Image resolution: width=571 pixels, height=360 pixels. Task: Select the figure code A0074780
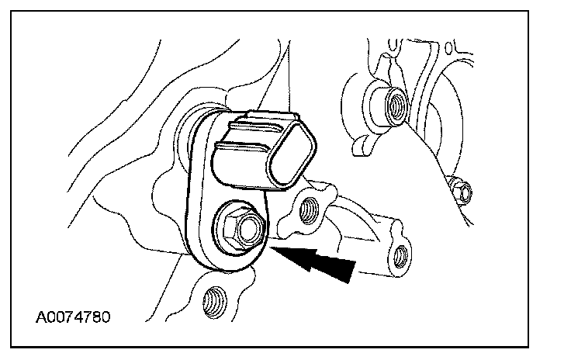[x=75, y=317]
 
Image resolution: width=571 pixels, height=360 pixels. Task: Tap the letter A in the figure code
[x=40, y=317]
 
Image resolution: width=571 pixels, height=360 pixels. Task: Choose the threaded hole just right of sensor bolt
[x=309, y=208]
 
